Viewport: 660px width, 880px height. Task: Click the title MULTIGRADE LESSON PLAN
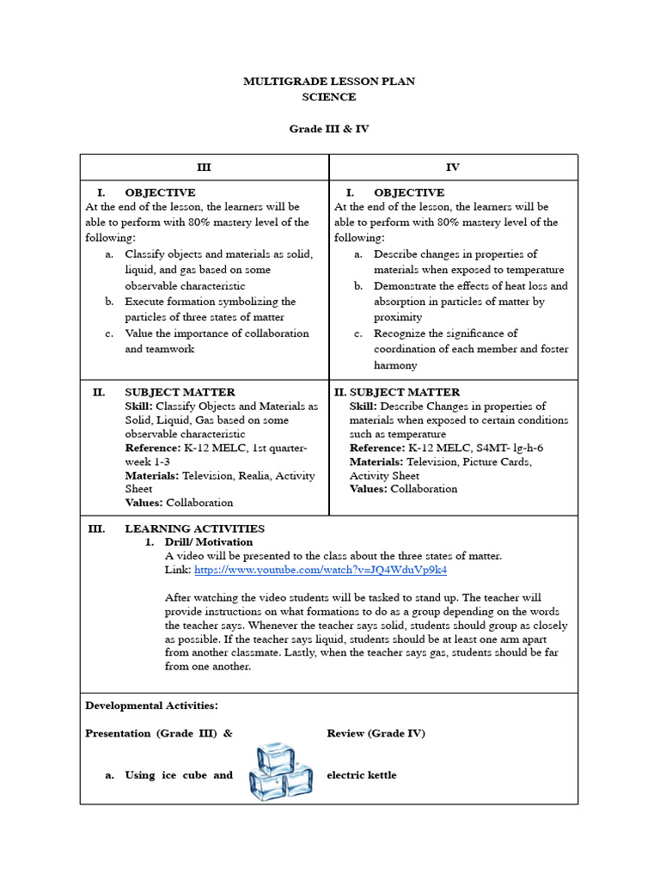pos(329,82)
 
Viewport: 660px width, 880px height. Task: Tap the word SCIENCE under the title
pos(329,97)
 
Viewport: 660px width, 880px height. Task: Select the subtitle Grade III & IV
pos(329,129)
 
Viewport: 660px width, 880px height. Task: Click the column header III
pos(204,168)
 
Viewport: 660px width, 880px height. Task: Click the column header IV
pos(453,168)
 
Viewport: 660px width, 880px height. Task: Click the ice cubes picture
pos(280,771)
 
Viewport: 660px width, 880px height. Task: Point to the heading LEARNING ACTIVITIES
pos(194,529)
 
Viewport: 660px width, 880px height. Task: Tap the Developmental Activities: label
pos(151,706)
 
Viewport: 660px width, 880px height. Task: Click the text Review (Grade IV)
pos(376,733)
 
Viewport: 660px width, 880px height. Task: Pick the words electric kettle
pos(362,775)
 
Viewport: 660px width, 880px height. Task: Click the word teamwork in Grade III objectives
pos(171,349)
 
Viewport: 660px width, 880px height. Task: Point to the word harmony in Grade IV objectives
pos(395,365)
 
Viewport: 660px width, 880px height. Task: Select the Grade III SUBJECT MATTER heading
pos(180,392)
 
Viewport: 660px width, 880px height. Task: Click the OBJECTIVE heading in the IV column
pos(408,192)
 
